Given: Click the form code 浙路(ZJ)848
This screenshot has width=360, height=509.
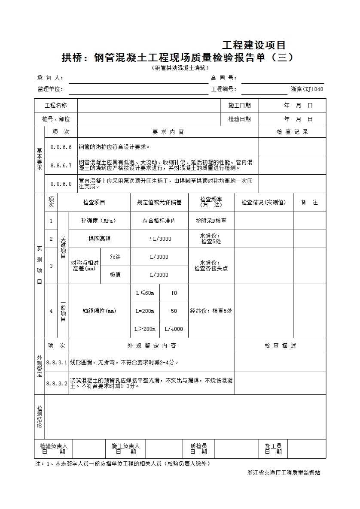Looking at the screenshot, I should [x=307, y=89].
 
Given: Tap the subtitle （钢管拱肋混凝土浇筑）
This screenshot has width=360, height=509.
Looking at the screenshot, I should [x=180, y=68].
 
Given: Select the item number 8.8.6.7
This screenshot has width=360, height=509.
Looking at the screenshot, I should [x=61, y=165].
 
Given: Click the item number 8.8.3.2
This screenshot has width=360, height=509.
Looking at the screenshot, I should [x=57, y=383].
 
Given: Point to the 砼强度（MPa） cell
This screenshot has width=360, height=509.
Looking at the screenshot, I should [x=99, y=221].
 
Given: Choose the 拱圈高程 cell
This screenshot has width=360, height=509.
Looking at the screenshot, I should [x=99, y=239].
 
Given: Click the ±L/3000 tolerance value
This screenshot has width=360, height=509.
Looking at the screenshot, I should [x=159, y=239].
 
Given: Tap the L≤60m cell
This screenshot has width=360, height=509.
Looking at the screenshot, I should [x=145, y=293].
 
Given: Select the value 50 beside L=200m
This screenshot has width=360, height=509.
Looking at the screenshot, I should [x=174, y=311].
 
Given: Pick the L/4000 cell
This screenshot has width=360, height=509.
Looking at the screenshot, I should [x=174, y=329].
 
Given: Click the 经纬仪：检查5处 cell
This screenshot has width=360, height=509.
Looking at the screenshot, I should [x=211, y=311].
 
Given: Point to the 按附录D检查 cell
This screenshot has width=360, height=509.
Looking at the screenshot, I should [x=211, y=221].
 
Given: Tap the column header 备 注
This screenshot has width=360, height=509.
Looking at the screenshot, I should [x=309, y=203].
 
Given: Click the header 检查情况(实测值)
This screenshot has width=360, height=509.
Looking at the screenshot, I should [x=263, y=203].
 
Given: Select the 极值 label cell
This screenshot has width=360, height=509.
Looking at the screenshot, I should [x=115, y=275].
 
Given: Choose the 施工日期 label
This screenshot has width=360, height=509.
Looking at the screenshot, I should [x=239, y=106].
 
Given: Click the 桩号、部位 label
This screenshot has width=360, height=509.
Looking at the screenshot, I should [x=56, y=119].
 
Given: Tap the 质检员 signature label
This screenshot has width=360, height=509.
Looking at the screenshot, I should [x=198, y=449].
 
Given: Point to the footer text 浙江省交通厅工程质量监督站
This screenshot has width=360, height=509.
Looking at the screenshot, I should [x=284, y=473].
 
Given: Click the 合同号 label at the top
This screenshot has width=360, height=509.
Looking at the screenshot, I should [x=223, y=78].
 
